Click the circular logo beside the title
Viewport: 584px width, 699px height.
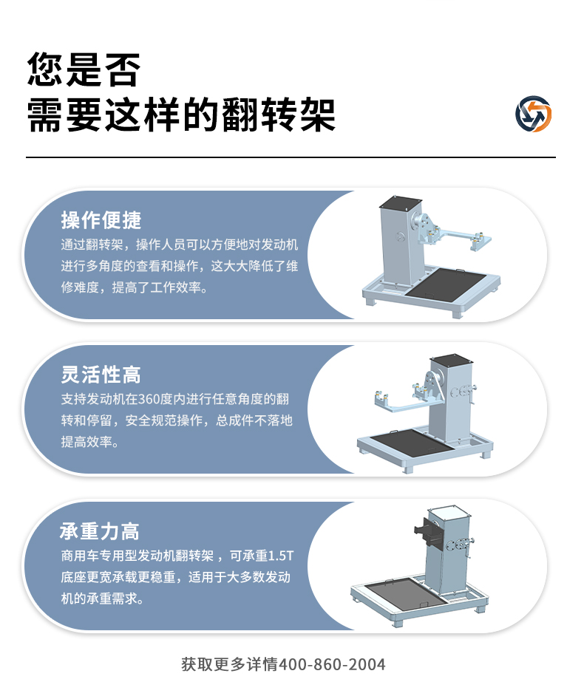tap(534, 114)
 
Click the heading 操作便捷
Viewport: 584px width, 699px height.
tap(101, 220)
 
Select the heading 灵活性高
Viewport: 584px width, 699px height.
tap(101, 375)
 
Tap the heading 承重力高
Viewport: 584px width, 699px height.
tap(100, 531)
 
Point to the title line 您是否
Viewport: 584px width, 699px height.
tap(84, 69)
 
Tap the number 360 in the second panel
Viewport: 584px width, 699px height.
tap(150, 398)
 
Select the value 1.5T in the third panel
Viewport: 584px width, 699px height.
tap(281, 556)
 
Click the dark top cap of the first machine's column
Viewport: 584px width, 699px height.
tap(401, 203)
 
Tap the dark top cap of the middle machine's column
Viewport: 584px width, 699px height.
tap(451, 360)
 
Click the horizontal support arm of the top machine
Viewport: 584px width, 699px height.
tap(460, 236)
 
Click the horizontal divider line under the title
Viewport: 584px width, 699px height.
tap(291, 157)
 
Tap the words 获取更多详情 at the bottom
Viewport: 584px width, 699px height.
tap(230, 664)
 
